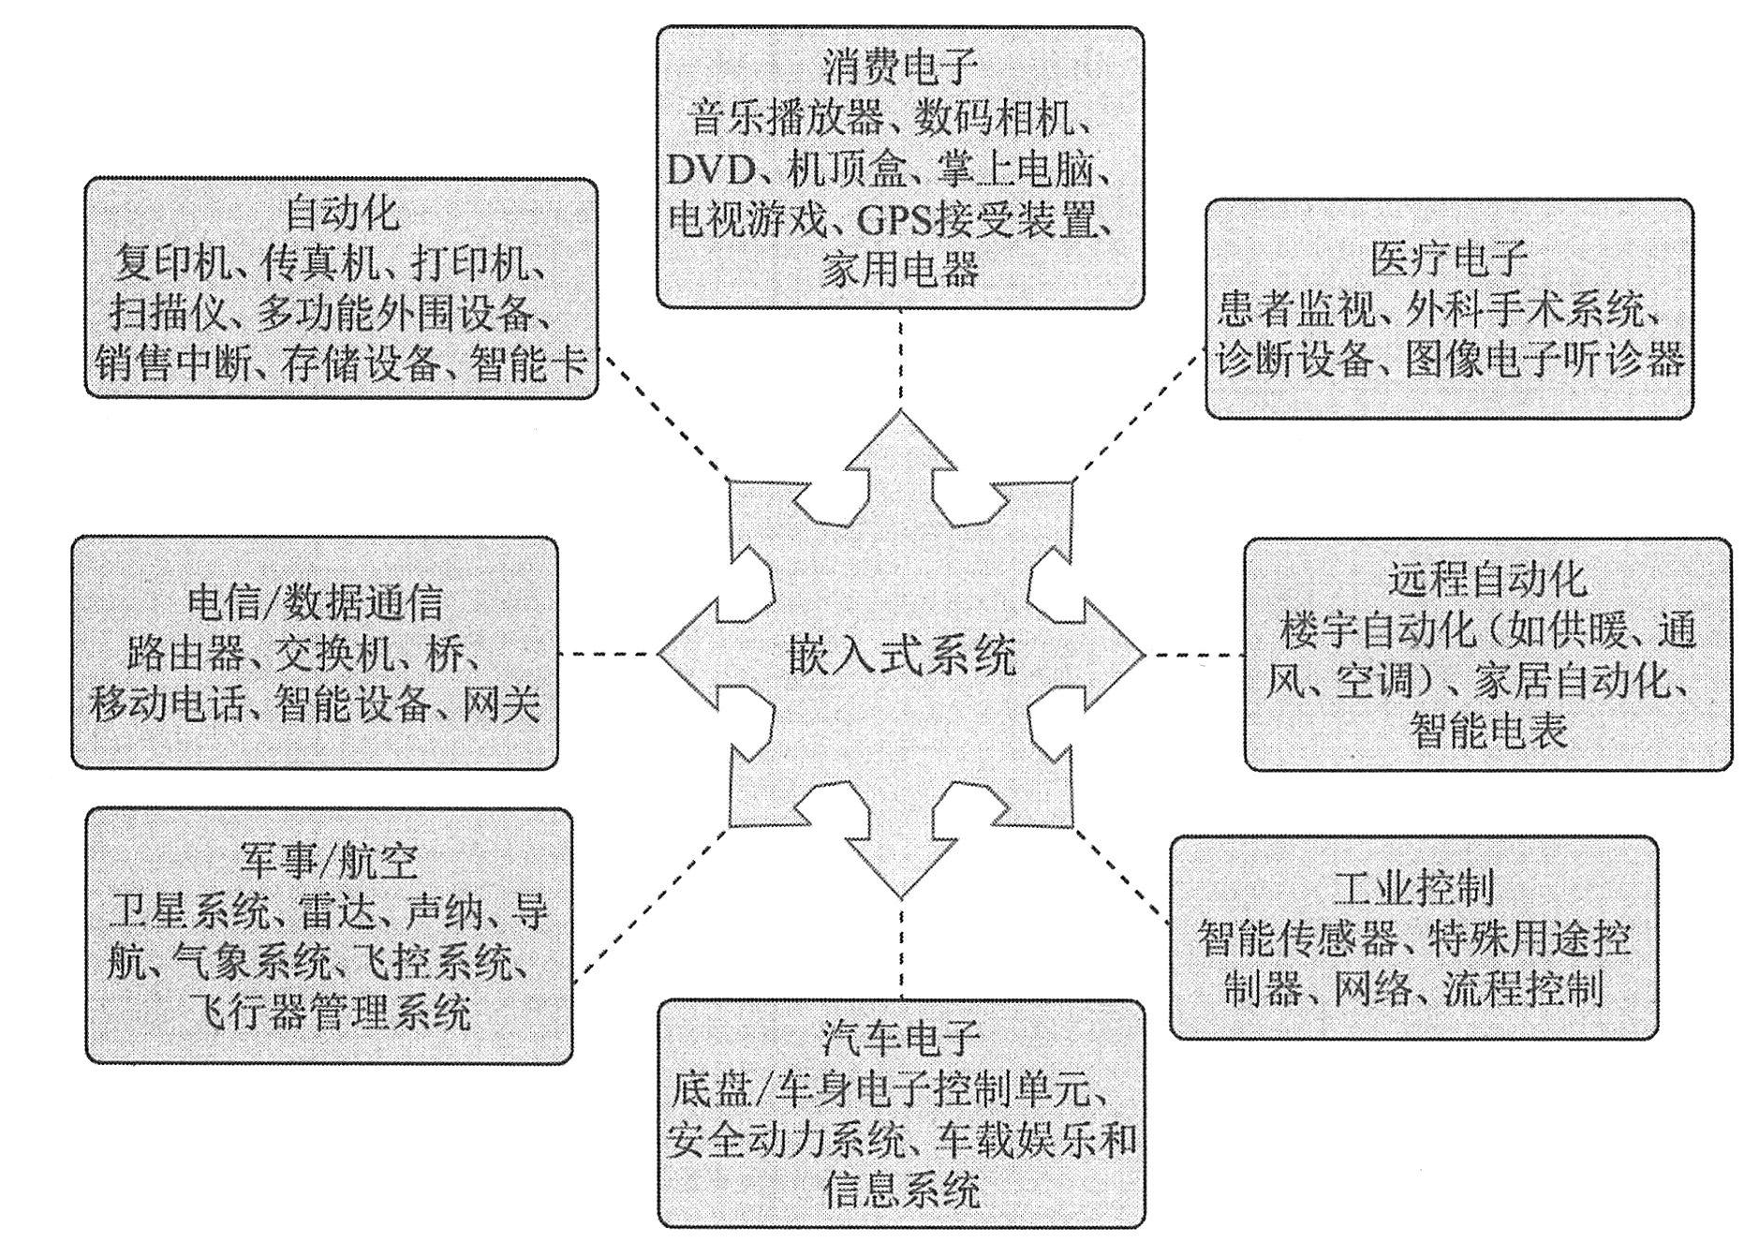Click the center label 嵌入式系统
[x=901, y=655]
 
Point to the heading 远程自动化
[x=1487, y=580]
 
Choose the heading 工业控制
[x=1413, y=889]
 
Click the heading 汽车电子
[x=901, y=1037]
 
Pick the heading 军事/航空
[x=329, y=861]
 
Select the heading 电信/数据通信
[x=315, y=602]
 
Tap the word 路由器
[x=187, y=653]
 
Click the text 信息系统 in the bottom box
[x=901, y=1190]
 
